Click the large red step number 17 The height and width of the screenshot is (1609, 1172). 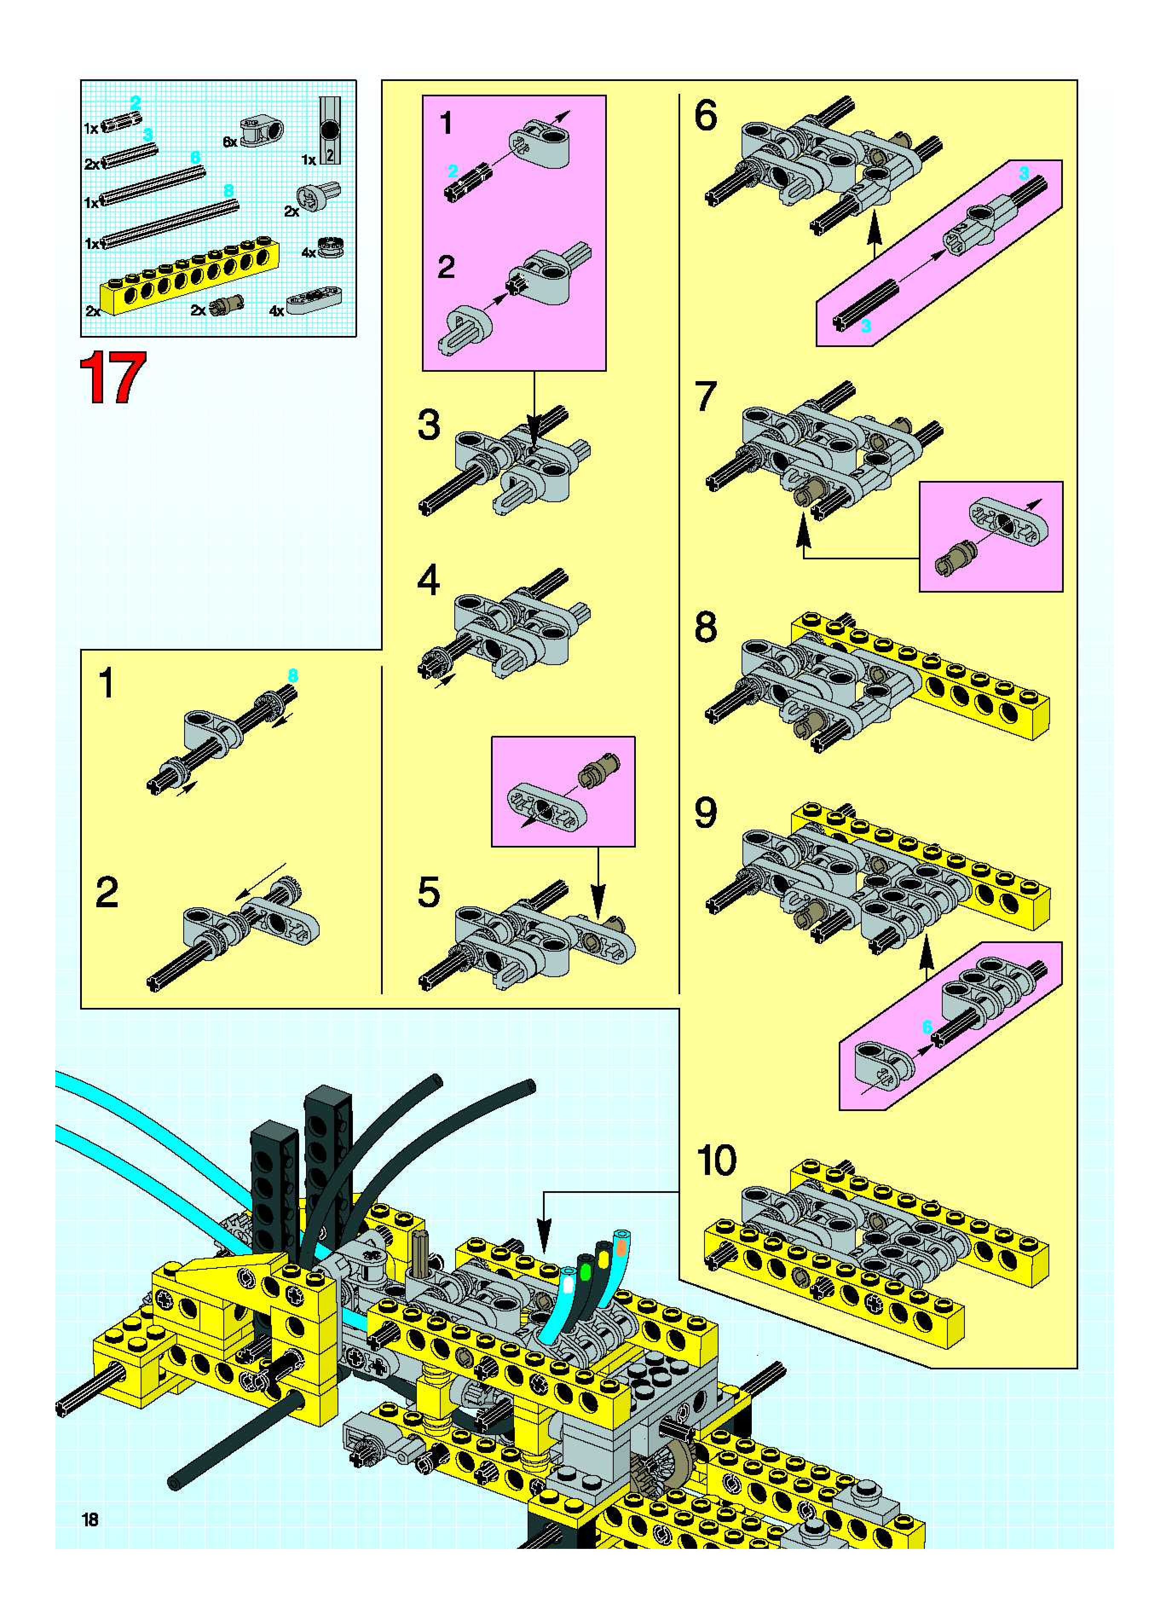113,378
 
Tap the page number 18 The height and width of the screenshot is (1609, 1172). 90,1519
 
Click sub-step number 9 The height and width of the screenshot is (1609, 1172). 706,814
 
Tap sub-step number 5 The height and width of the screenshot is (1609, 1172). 428,893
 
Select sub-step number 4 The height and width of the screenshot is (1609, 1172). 428,581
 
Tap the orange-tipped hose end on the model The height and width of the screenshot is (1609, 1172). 622,1246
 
